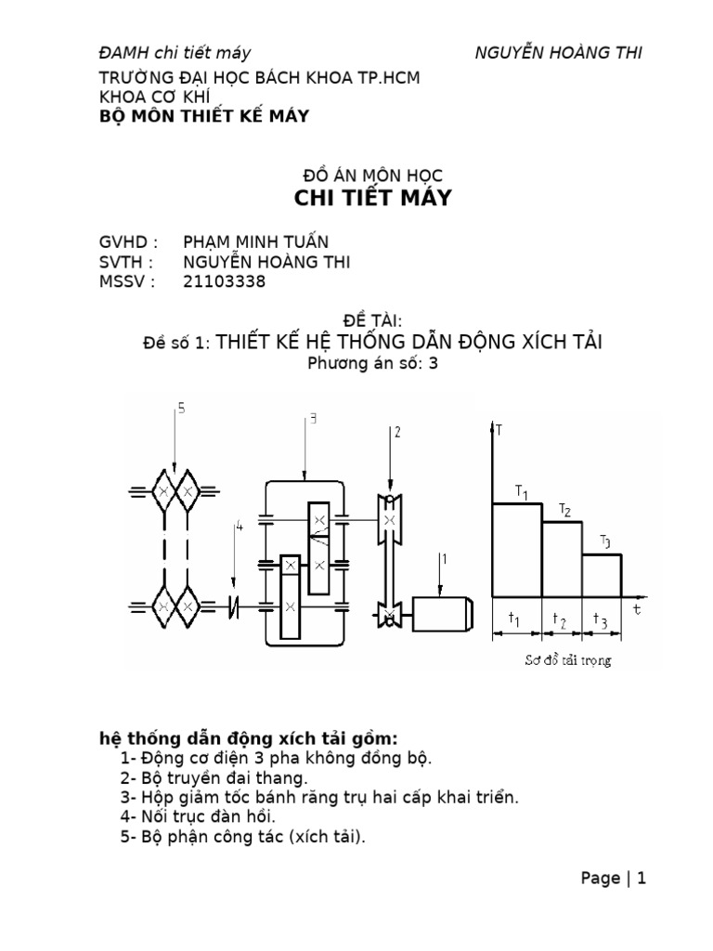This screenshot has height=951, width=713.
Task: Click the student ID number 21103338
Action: (x=224, y=281)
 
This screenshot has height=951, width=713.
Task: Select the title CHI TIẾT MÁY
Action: (x=372, y=198)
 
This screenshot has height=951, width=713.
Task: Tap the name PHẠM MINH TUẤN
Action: (x=256, y=242)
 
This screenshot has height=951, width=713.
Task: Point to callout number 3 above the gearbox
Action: (x=314, y=420)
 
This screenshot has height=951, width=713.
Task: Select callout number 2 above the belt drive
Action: (x=396, y=432)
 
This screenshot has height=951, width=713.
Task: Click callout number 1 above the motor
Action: (x=444, y=558)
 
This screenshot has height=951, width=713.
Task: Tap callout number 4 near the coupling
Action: (x=239, y=527)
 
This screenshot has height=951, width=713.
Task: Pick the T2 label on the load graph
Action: (x=564, y=510)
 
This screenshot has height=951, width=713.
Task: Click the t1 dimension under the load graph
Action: (x=516, y=619)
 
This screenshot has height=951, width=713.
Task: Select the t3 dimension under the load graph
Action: (x=603, y=621)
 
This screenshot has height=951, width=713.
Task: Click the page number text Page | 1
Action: (x=613, y=878)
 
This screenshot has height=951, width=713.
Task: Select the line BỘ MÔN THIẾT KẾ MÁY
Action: (x=204, y=115)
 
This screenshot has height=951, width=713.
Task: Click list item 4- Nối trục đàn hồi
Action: (x=198, y=816)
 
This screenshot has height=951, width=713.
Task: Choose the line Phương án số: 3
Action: (x=371, y=364)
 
